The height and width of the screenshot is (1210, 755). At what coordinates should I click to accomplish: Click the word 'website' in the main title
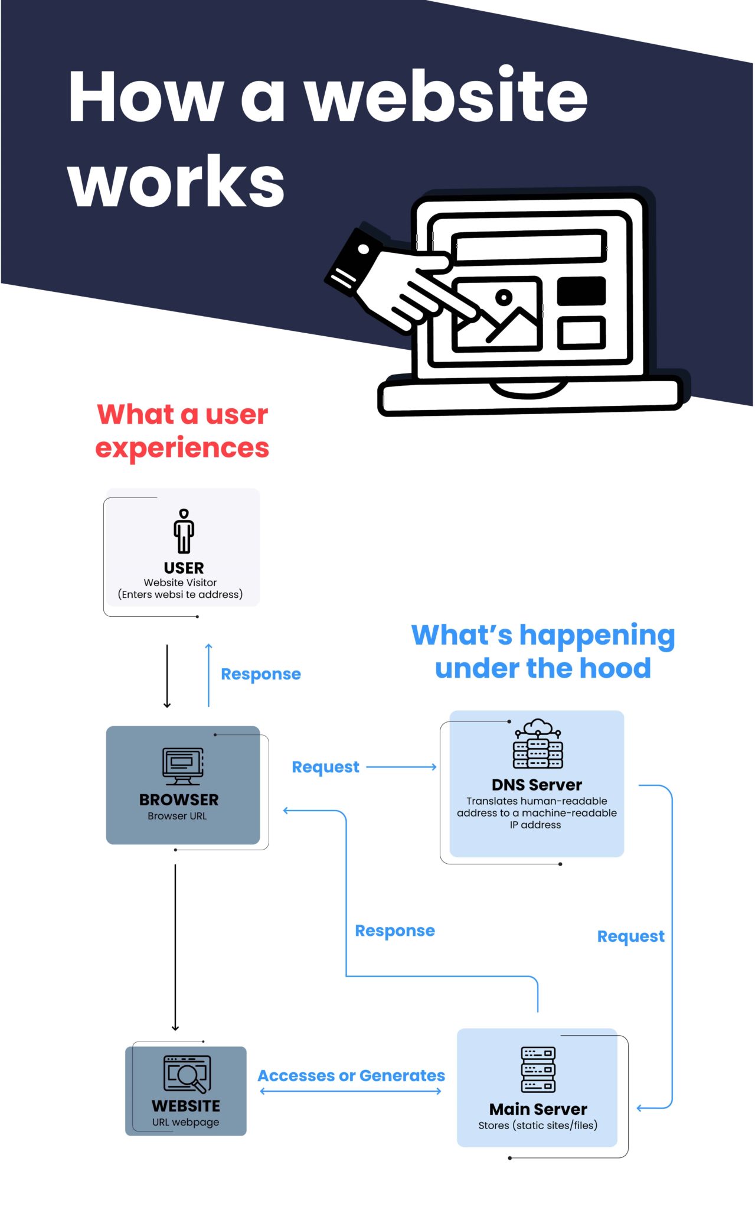(446, 96)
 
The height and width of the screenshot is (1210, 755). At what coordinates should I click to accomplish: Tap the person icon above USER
(184, 531)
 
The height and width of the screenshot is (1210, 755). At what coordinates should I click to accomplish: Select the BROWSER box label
(179, 799)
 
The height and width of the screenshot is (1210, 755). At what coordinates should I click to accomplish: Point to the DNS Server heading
(537, 785)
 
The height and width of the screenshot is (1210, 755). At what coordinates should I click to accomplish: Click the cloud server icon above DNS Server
(538, 744)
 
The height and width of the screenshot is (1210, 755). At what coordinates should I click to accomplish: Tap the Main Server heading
(538, 1109)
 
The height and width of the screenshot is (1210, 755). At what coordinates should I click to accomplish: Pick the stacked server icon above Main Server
(538, 1070)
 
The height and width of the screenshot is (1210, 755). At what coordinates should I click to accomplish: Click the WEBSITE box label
(185, 1106)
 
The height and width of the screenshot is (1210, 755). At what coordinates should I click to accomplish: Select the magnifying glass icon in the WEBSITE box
(188, 1074)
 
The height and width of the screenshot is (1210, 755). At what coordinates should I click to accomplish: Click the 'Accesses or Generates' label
(351, 1076)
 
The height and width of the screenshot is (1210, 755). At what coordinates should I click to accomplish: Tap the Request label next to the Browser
(325, 767)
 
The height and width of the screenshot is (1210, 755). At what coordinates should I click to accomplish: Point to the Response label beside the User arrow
(260, 674)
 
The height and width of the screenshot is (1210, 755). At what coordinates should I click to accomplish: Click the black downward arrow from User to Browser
(167, 676)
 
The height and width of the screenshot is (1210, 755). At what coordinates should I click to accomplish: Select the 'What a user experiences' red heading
(182, 431)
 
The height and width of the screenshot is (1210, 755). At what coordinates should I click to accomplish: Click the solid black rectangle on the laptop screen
(581, 291)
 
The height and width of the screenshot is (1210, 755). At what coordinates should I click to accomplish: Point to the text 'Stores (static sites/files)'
(538, 1126)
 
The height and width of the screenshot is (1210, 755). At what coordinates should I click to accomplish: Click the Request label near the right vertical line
(630, 936)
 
